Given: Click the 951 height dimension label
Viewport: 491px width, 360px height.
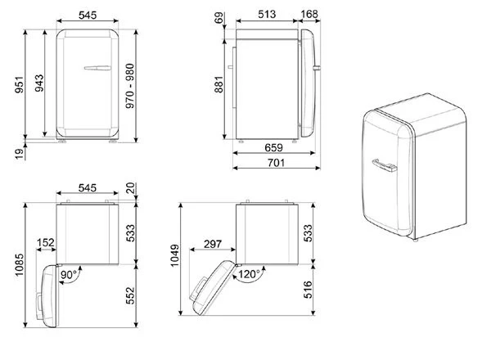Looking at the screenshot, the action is point(20,84).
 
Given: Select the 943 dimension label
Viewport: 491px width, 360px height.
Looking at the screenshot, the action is point(39,83).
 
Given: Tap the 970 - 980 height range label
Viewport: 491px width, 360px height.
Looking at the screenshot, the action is point(129,86).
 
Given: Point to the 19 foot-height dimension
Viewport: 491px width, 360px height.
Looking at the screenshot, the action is point(20,154).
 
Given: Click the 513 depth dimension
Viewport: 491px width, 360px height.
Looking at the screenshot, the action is point(267,14).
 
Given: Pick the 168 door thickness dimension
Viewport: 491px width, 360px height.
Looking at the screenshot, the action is point(309,14).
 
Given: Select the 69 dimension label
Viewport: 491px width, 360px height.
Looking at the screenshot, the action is point(219,17).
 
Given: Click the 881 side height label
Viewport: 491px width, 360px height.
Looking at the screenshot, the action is point(218,84).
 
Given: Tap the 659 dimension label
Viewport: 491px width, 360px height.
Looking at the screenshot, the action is point(273,147).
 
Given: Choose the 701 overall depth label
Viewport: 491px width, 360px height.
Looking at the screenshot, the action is point(277,163).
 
